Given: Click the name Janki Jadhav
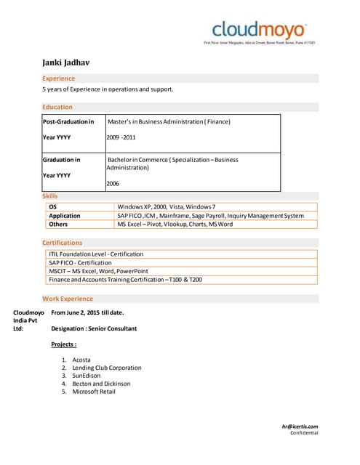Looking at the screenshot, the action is pos(65,63).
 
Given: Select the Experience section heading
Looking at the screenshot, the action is pos(58,78).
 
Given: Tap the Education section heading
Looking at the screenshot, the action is pos(57,107).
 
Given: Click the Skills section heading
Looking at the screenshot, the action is pos(50,196).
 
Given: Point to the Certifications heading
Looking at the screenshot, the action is pos(62,243).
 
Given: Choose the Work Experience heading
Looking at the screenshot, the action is pos(68,299).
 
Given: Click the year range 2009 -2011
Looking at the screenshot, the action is pos(121,137).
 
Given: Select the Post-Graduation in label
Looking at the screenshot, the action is pos(68,121).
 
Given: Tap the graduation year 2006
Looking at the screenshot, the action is pos(113,184).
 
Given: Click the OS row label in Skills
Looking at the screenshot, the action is pos(52,207).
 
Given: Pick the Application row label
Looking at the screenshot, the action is pos(64,216).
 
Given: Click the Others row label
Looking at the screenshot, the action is pos(57,225).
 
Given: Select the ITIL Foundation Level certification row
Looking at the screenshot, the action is pos(96,254).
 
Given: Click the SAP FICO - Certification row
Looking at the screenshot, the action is pos(80,262).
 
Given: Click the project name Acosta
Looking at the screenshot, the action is pos(81,360).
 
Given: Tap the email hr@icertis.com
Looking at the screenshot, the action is pos(300,426).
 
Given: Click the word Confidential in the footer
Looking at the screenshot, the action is pos(304,433).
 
